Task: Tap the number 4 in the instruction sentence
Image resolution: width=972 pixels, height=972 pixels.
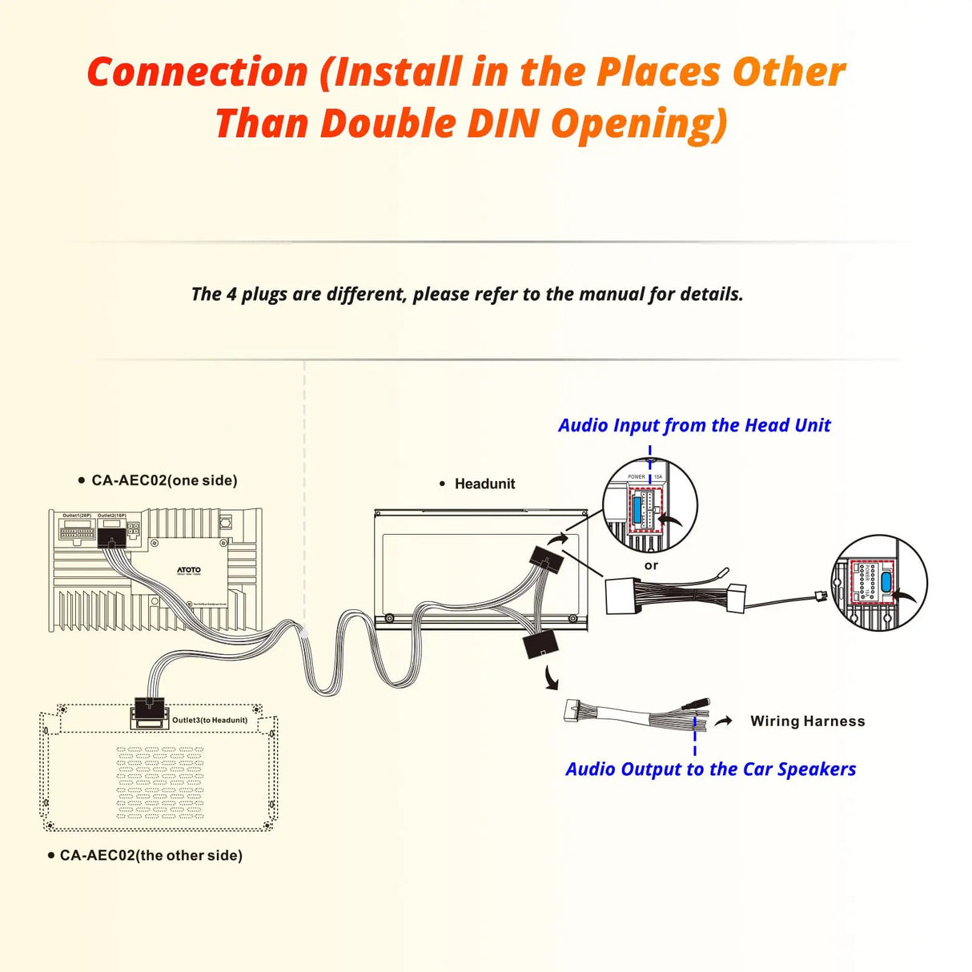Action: (x=231, y=294)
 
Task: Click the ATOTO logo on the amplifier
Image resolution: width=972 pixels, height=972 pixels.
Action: (x=189, y=570)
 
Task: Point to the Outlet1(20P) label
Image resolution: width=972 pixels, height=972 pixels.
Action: (x=77, y=516)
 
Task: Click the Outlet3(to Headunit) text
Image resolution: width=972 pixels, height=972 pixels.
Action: (x=210, y=720)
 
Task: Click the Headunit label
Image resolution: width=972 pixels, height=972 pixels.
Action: (x=484, y=484)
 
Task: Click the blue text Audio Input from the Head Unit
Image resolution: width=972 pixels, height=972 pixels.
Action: (x=694, y=425)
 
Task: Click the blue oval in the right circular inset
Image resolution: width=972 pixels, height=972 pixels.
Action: (x=886, y=582)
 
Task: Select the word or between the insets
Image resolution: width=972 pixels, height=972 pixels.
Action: (x=652, y=565)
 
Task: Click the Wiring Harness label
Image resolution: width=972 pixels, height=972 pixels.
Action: (x=807, y=721)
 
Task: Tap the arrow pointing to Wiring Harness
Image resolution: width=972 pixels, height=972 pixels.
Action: (x=724, y=721)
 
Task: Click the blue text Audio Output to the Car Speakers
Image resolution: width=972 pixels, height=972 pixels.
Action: (x=710, y=769)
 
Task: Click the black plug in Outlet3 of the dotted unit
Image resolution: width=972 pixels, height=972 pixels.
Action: (x=150, y=708)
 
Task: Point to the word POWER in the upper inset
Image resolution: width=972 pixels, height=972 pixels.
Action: (x=637, y=476)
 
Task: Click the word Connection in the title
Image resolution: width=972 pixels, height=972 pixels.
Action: (x=198, y=72)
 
